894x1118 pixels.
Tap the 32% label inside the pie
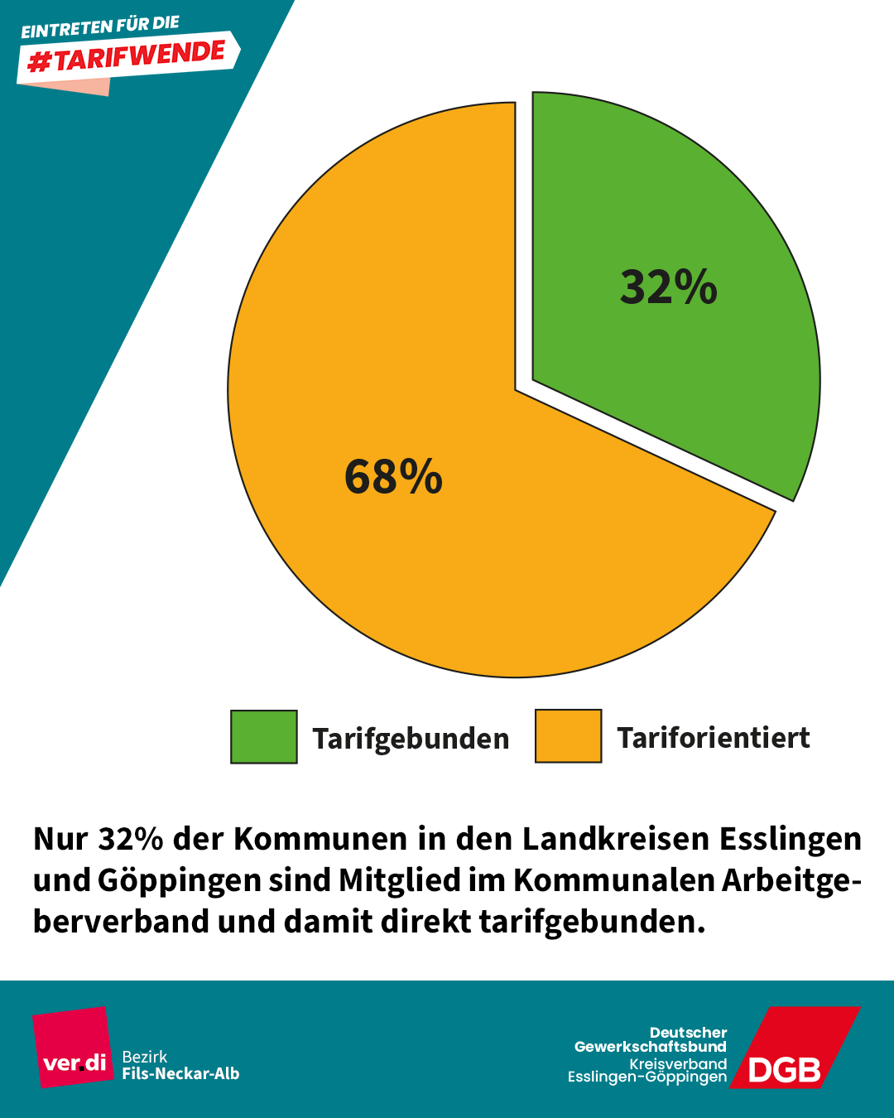pyautogui.click(x=669, y=287)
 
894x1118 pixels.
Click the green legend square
pyautogui.click(x=263, y=736)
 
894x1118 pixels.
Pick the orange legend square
pyautogui.click(x=568, y=735)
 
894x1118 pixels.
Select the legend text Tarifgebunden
pyautogui.click(x=411, y=738)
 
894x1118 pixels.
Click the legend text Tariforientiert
pyautogui.click(x=713, y=737)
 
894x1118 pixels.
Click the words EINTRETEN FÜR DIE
pyautogui.click(x=100, y=27)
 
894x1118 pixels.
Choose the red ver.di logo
pyautogui.click(x=73, y=1047)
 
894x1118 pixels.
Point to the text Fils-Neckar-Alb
pyautogui.click(x=180, y=1074)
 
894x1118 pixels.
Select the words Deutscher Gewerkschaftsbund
pyautogui.click(x=651, y=1039)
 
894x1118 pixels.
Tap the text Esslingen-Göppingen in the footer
pyautogui.click(x=646, y=1077)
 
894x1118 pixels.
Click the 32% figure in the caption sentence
pyautogui.click(x=131, y=839)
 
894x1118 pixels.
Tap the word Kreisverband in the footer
pyautogui.click(x=677, y=1063)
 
